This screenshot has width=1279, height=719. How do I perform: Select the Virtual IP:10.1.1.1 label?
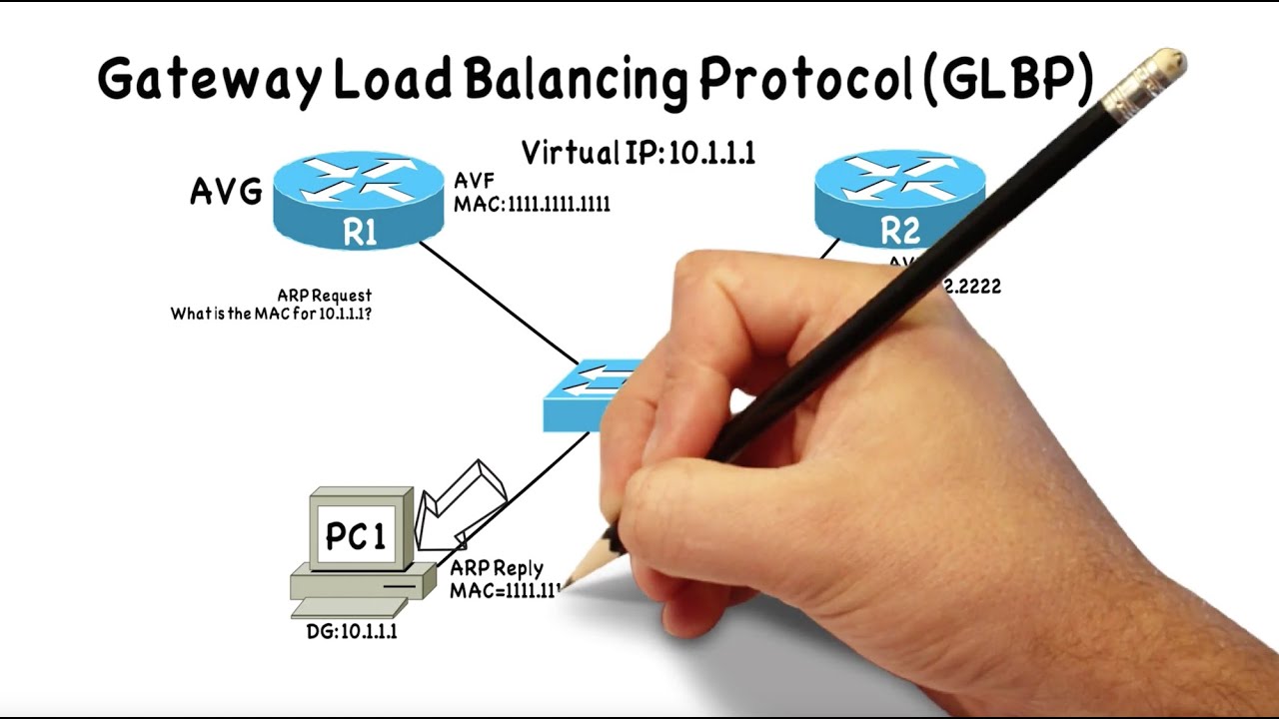(638, 152)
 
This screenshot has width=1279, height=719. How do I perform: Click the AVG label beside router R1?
(227, 191)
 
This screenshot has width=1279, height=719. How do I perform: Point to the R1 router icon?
(359, 201)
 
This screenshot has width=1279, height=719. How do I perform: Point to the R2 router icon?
(898, 200)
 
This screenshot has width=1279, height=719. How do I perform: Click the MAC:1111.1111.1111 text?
(532, 204)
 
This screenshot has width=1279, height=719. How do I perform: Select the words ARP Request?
(324, 296)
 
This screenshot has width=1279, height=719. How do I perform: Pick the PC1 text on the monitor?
(356, 536)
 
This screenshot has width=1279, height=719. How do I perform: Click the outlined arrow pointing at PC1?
(460, 504)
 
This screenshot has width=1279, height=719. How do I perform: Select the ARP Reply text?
(497, 568)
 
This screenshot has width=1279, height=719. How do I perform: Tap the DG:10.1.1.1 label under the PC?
(352, 631)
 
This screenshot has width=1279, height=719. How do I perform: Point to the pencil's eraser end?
(1159, 70)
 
